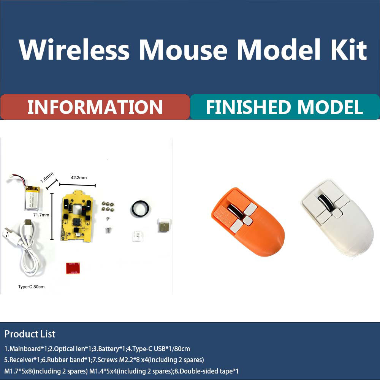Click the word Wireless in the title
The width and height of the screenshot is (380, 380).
coord(74,50)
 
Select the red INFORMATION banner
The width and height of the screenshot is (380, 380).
coord(95,107)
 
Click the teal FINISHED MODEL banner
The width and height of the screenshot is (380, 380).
coord(285,107)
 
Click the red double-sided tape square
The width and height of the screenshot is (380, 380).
coord(72,268)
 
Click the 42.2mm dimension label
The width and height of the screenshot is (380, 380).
coord(79,177)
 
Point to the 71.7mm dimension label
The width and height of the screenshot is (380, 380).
coord(41,215)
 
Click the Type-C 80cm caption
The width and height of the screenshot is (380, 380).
coord(31,287)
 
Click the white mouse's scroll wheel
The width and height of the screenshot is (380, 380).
coord(324,201)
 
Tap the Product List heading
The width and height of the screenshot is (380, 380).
coord(30,334)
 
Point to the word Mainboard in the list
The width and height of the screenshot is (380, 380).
coord(24,348)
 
